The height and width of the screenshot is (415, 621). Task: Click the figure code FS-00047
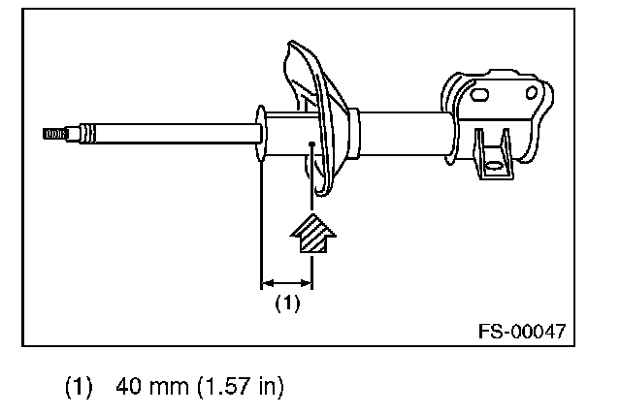point(522,332)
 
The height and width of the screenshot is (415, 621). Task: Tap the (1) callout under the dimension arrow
point(287,303)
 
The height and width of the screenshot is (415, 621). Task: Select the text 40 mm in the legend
point(152,386)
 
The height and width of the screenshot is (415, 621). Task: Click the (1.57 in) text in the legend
point(241,386)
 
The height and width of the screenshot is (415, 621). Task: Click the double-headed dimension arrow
point(287,283)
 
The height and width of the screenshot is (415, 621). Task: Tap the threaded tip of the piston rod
point(54,134)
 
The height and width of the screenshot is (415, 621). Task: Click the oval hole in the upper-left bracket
point(478,95)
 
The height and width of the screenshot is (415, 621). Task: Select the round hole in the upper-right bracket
point(531,93)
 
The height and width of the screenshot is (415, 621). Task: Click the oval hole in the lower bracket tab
point(494,166)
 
